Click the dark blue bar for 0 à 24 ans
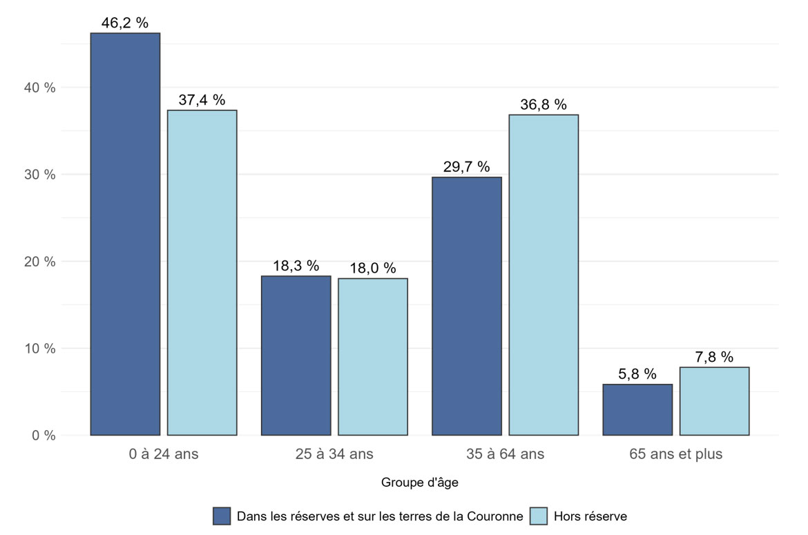coord(125,234)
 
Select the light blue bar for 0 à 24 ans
coord(202,273)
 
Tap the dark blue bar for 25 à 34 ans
coord(296,356)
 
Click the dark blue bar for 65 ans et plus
coord(637,410)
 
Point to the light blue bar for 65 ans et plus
coord(714,401)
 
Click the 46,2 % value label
coord(125,23)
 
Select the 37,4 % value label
coord(202,100)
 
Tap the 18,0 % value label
coord(373,268)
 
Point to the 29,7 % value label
coord(467,166)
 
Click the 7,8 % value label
coord(714,357)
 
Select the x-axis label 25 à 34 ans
coord(334,454)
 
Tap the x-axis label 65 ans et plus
coord(675,454)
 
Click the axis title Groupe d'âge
coord(419,483)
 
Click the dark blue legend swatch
coord(222,516)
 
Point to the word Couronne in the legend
coord(499,516)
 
